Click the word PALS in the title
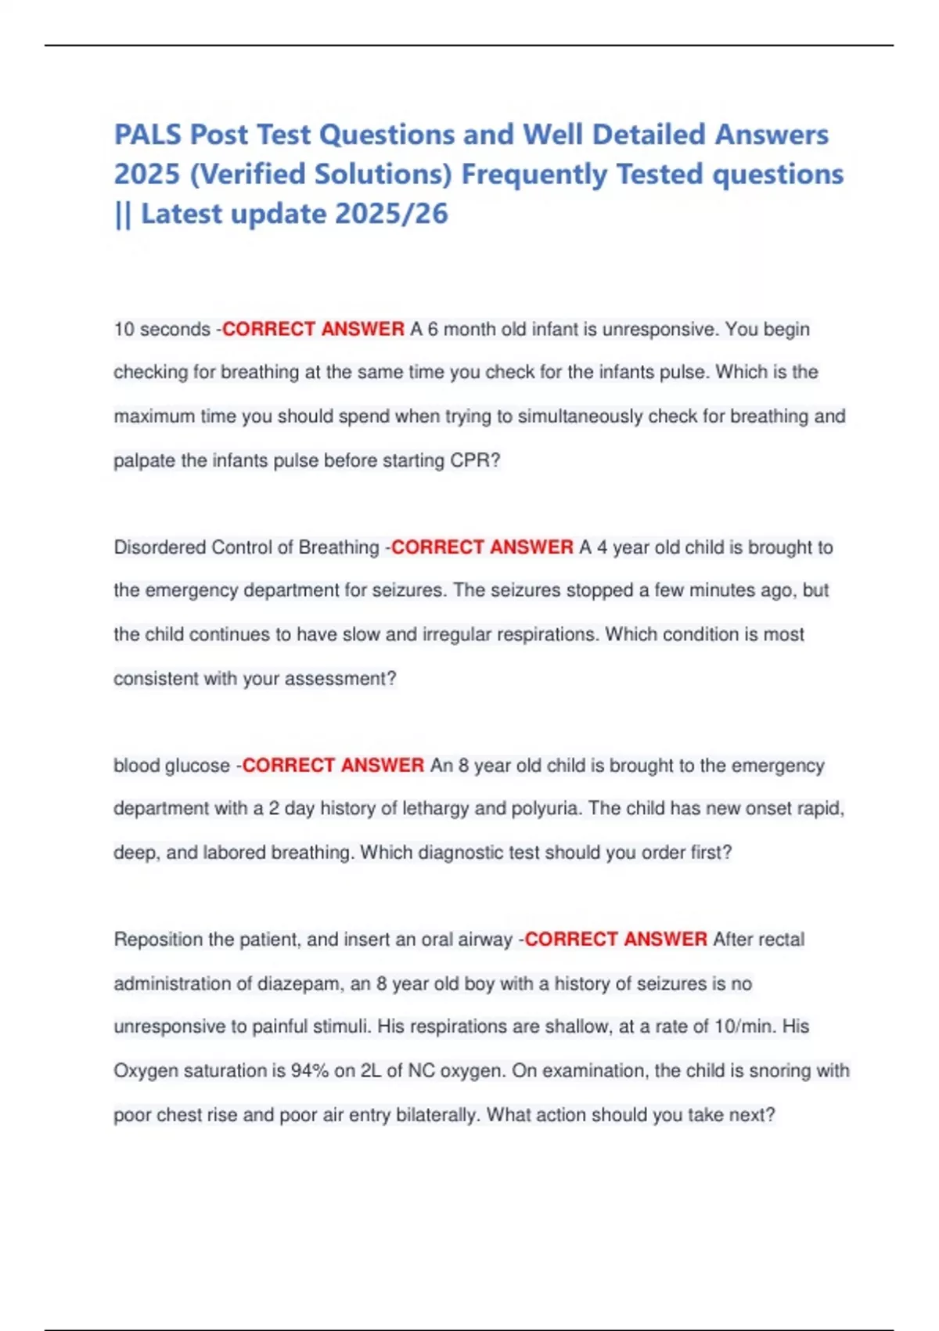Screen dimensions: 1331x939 (x=149, y=135)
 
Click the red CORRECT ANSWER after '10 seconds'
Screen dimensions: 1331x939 (x=313, y=330)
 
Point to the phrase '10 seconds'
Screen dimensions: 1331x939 (x=162, y=330)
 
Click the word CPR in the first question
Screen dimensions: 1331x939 (x=468, y=460)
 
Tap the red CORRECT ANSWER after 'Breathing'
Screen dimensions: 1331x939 (x=482, y=547)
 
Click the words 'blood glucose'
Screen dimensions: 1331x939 (x=171, y=766)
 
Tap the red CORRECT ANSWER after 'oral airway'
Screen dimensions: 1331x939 (x=615, y=940)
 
